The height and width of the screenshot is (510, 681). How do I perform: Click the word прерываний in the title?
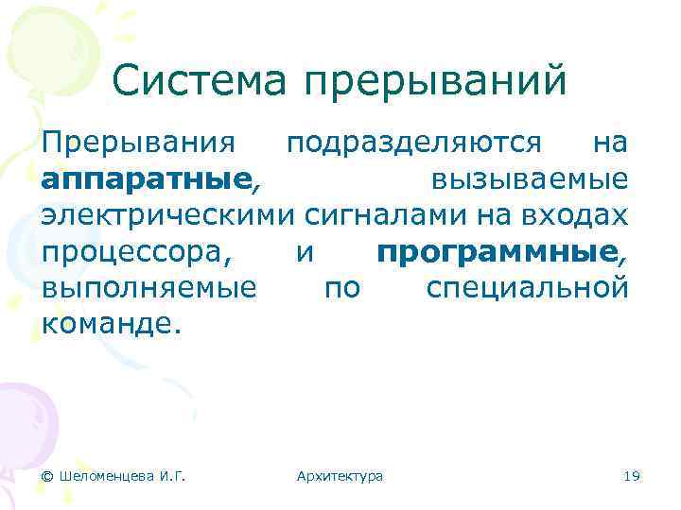pyautogui.click(x=436, y=82)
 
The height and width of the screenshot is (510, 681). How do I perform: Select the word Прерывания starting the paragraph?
pyautogui.click(x=138, y=144)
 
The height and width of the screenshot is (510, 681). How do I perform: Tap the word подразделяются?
pyautogui.click(x=414, y=144)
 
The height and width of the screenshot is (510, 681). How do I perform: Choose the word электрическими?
pyautogui.click(x=170, y=216)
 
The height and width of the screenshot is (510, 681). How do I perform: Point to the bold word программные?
pyautogui.click(x=497, y=253)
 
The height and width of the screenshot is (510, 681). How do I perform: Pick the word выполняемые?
pyautogui.click(x=148, y=289)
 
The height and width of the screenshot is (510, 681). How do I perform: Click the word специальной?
pyautogui.click(x=527, y=289)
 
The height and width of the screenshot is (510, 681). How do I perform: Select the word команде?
pyautogui.click(x=110, y=325)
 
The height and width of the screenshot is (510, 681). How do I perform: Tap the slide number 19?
pyautogui.click(x=633, y=476)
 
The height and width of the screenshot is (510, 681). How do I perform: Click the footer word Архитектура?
pyautogui.click(x=340, y=476)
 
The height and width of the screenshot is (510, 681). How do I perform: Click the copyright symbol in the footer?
pyautogui.click(x=47, y=476)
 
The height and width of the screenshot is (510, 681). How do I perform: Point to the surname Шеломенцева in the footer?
pyautogui.click(x=107, y=476)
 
